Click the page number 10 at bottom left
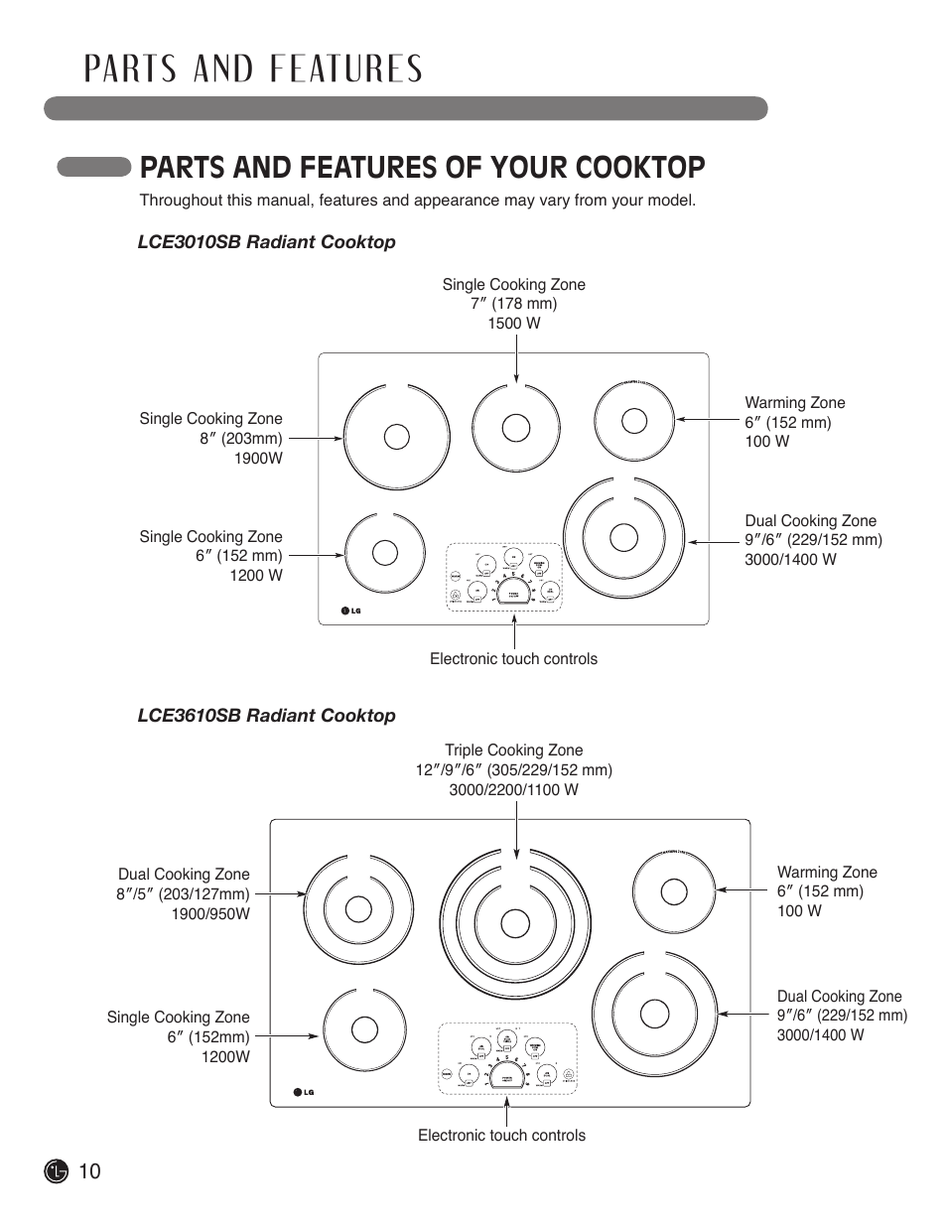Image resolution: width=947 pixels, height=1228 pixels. [x=88, y=1171]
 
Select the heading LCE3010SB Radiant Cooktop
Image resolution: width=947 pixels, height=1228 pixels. [x=266, y=242]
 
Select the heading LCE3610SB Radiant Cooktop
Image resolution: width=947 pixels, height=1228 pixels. [x=266, y=716]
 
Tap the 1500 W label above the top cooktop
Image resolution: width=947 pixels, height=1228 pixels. [x=513, y=324]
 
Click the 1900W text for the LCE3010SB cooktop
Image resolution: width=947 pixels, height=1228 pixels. [x=258, y=458]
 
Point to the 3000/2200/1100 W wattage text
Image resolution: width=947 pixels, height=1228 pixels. [x=513, y=789]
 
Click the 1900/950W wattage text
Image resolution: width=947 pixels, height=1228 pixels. [x=210, y=913]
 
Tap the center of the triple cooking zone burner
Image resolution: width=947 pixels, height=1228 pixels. [x=514, y=923]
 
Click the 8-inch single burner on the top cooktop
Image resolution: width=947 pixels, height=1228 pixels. [x=394, y=437]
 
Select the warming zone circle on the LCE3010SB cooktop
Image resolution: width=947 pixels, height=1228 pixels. [x=634, y=421]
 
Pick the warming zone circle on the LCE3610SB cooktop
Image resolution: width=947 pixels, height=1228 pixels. [x=674, y=890]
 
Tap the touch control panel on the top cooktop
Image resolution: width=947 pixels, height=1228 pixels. [x=504, y=576]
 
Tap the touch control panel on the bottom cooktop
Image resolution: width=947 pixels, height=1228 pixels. [x=507, y=1058]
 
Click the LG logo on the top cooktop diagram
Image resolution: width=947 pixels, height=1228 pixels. [x=349, y=611]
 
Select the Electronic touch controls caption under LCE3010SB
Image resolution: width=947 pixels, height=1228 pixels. [x=513, y=659]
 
